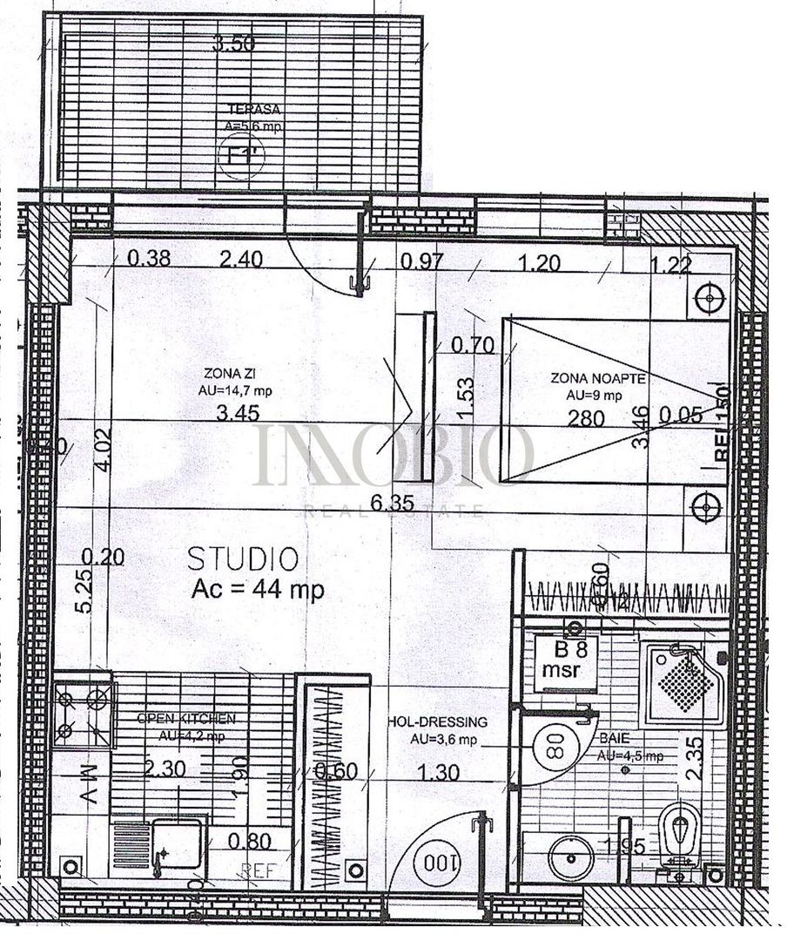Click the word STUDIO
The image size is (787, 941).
[x=243, y=559]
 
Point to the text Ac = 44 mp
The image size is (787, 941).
[x=257, y=589]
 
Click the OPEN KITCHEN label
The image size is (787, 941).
[x=186, y=719]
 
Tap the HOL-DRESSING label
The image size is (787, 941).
[x=436, y=722]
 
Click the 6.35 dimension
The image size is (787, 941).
[x=389, y=503]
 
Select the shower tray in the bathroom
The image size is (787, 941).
[x=685, y=683]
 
